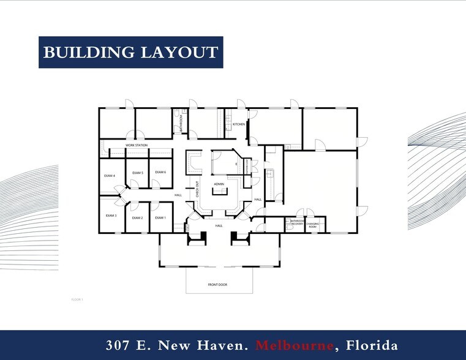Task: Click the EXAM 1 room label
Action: [160, 218]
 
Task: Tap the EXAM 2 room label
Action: [137, 218]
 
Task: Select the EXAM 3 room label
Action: [111, 216]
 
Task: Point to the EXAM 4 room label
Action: [110, 176]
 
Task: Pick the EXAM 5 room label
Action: [137, 173]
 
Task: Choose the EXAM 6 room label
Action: [160, 172]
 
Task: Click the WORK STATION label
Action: [137, 145]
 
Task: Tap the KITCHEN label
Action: [239, 124]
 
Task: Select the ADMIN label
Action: [219, 184]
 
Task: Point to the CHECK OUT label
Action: [198, 189]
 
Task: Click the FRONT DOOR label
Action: [218, 284]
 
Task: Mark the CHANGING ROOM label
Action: [312, 224]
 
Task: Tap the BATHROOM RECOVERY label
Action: [297, 222]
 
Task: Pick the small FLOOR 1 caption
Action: [77, 299]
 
